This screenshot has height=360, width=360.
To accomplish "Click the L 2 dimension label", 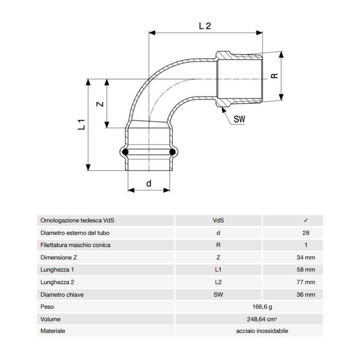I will pos(205,26).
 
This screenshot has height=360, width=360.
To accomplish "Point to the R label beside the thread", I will pos(274,76).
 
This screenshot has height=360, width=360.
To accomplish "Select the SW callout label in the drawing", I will pos(240,120).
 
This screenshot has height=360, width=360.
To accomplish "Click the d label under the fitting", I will pos(149,183).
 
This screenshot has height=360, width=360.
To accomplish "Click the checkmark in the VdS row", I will pos(306,221).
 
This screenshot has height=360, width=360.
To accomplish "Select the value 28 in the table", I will pos(306,233).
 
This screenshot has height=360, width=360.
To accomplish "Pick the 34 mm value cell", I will pos(306,258).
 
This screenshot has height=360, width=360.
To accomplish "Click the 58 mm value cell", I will pos(306,270).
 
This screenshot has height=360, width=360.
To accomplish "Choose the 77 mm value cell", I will pos(306,282).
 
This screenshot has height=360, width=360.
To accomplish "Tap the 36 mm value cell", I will pos(306,294).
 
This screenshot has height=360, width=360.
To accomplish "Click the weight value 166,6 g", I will pos(262,307).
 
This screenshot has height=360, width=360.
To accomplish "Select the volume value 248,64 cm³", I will pos(262,319).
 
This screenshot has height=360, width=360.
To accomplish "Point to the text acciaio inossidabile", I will pos(262,331).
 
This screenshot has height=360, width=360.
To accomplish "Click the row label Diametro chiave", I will pos(62,294).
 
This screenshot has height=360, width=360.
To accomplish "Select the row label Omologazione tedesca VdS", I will pos(78,221).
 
